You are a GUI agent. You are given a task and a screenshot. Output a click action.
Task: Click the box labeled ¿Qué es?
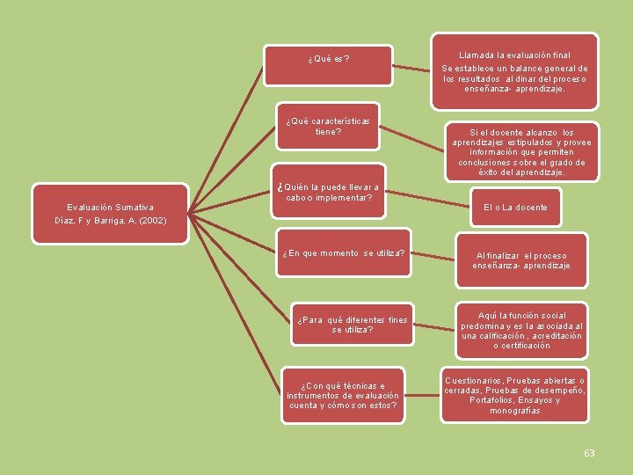click(328, 60)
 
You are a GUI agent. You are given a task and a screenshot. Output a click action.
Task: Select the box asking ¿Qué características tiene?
click(328, 127)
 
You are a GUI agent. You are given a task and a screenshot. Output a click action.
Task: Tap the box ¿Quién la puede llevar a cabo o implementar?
click(328, 193)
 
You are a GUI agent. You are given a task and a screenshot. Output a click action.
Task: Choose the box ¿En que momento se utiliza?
click(344, 253)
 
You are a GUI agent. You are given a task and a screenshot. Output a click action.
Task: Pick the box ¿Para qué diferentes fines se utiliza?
click(353, 325)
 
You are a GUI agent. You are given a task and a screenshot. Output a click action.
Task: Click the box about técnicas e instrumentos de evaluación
click(342, 395)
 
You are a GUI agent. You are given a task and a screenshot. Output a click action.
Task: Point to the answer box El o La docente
click(515, 208)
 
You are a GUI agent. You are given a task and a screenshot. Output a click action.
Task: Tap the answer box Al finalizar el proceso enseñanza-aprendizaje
click(520, 260)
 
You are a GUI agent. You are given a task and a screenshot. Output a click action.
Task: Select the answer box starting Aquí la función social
click(521, 330)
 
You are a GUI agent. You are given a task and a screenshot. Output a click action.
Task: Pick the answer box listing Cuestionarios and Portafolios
click(515, 395)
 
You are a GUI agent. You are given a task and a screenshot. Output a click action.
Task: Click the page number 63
click(589, 453)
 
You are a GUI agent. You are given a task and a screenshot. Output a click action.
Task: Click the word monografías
click(515, 411)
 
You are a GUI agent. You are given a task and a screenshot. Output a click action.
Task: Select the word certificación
click(521, 346)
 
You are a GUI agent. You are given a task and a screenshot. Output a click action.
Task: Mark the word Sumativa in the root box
click(133, 208)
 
